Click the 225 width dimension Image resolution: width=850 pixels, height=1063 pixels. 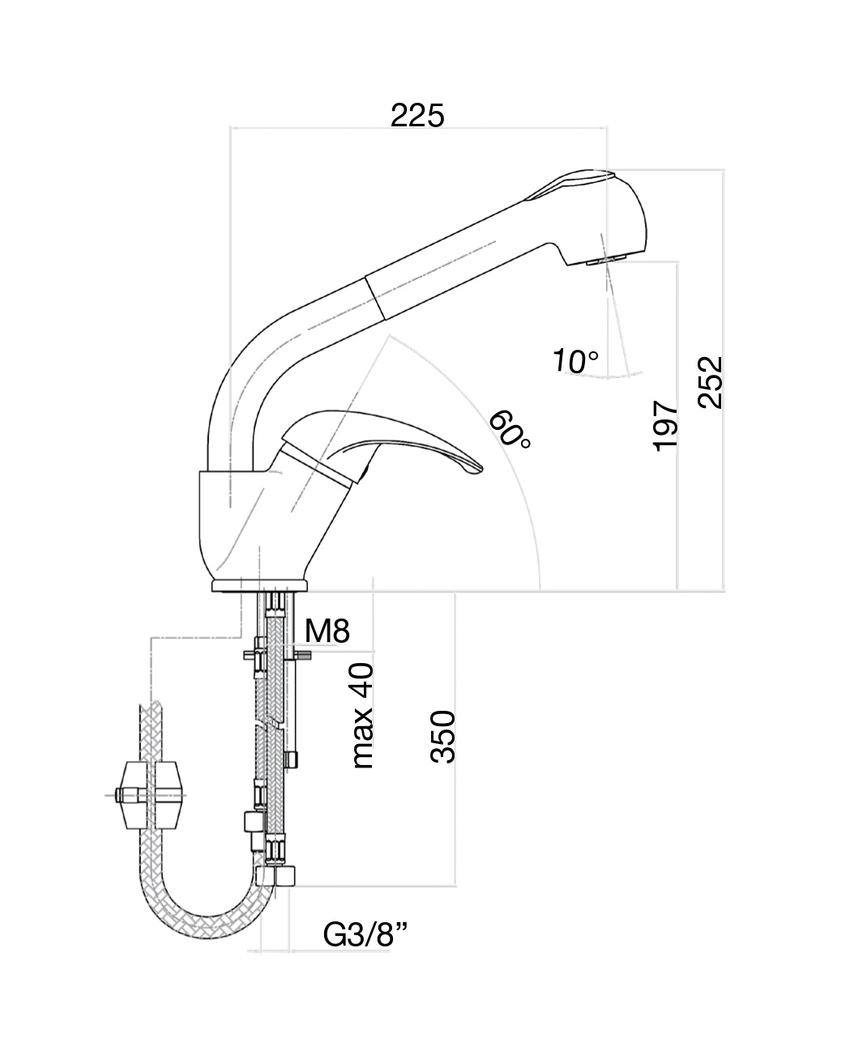point(417,116)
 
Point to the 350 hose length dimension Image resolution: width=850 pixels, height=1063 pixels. point(443,737)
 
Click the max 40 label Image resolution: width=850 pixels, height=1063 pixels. point(364,716)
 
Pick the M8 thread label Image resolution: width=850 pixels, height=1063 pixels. point(328,631)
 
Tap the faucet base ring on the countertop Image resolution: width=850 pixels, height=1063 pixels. point(259,585)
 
